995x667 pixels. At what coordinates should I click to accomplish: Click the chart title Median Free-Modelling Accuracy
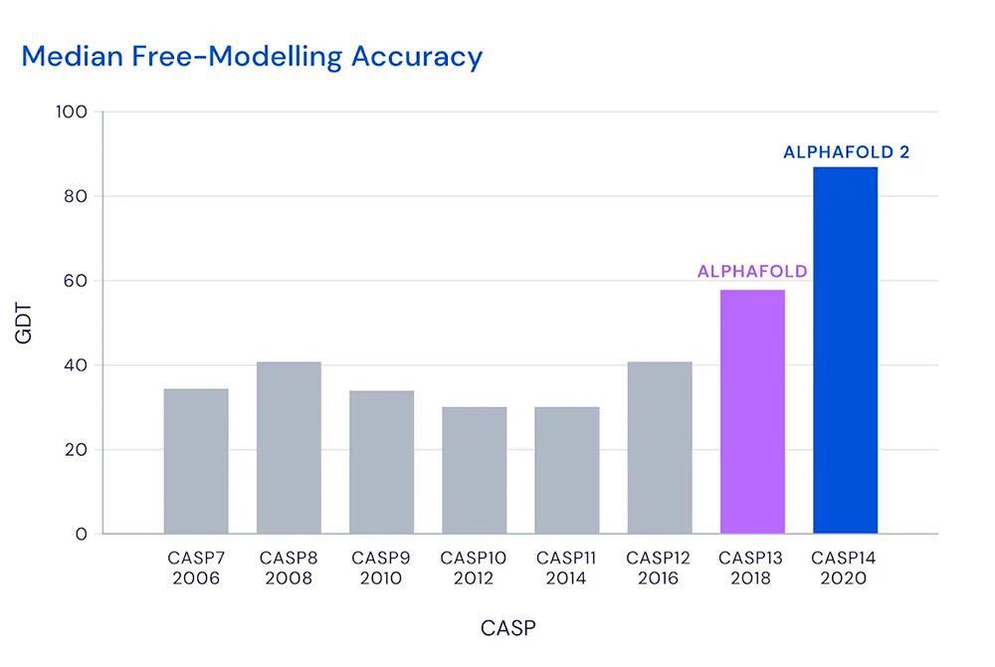tap(252, 57)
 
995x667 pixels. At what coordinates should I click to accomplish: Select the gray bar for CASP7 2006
tap(196, 461)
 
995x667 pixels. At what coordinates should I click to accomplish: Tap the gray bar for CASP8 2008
tap(289, 448)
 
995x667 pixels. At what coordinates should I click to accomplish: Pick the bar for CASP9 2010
tap(381, 462)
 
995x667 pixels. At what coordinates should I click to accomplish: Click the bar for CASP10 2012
tap(474, 470)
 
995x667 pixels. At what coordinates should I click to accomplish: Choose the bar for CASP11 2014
tap(567, 470)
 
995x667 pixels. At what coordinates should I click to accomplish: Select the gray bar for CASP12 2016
tap(660, 448)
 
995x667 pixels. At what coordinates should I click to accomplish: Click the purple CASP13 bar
tap(752, 411)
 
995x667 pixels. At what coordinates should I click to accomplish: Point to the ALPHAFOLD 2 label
tap(846, 152)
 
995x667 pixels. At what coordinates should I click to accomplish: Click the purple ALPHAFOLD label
tap(752, 271)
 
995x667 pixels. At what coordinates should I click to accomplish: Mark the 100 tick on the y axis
tap(75, 112)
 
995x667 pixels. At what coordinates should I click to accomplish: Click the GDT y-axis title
tap(25, 324)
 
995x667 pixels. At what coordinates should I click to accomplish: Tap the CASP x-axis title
tap(509, 628)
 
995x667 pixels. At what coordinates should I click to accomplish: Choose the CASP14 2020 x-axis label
tap(845, 568)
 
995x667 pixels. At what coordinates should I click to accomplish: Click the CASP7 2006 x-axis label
tap(196, 568)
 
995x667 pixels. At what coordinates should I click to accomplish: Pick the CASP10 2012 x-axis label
tap(474, 568)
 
